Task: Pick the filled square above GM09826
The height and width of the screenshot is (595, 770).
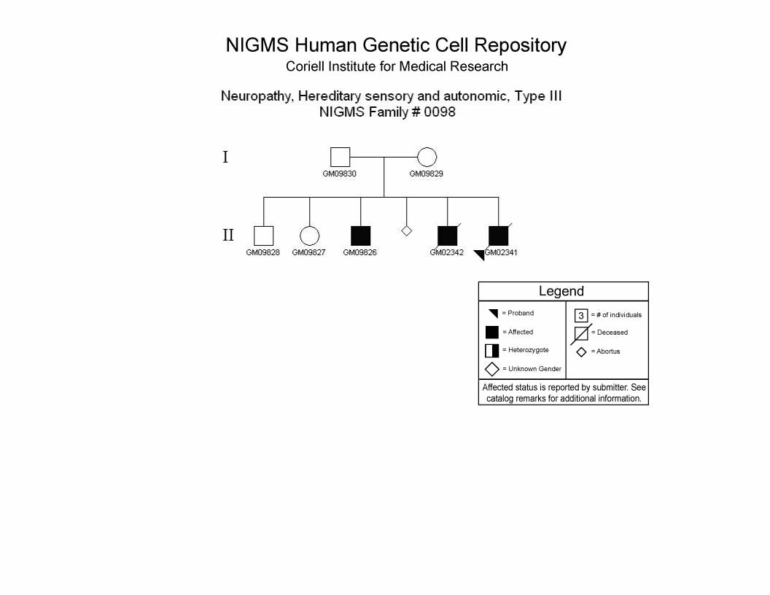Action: click(x=360, y=236)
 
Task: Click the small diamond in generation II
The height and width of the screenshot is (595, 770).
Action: click(x=406, y=230)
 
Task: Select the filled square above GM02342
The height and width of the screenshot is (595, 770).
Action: click(x=448, y=236)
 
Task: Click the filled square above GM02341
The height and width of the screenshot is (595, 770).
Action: click(x=499, y=236)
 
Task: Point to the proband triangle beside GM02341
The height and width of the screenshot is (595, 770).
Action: click(x=481, y=254)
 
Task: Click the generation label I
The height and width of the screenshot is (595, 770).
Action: click(x=225, y=157)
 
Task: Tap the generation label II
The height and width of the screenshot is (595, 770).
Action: click(x=228, y=235)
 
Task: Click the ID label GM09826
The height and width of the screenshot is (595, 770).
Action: click(x=360, y=252)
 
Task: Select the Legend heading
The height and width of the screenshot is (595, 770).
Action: click(x=561, y=291)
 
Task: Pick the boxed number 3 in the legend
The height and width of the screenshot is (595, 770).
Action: click(x=581, y=315)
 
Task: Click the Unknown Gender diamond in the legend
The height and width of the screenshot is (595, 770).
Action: click(x=492, y=369)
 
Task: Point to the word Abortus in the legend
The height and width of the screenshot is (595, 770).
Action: click(x=608, y=351)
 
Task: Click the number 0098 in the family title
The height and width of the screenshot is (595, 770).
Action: click(x=440, y=112)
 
